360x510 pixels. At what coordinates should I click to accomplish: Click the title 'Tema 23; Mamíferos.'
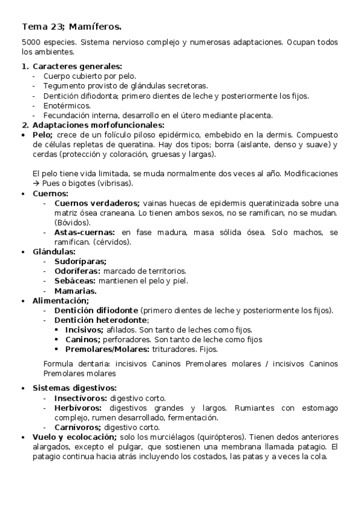pos(72,26)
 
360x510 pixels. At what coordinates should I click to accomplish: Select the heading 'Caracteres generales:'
pos(77,66)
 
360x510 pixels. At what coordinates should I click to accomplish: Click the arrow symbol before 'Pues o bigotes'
pos(35,183)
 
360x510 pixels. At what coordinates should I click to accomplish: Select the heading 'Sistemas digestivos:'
pos(75,388)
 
